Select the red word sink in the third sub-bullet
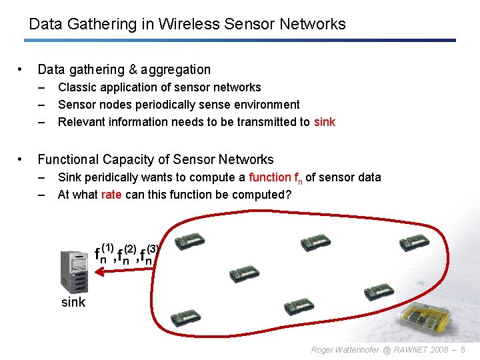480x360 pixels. [325, 122]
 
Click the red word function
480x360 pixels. [270, 177]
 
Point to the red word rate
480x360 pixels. [111, 195]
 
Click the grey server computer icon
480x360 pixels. [74, 271]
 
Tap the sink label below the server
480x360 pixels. [73, 302]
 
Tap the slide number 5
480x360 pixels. [463, 350]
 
